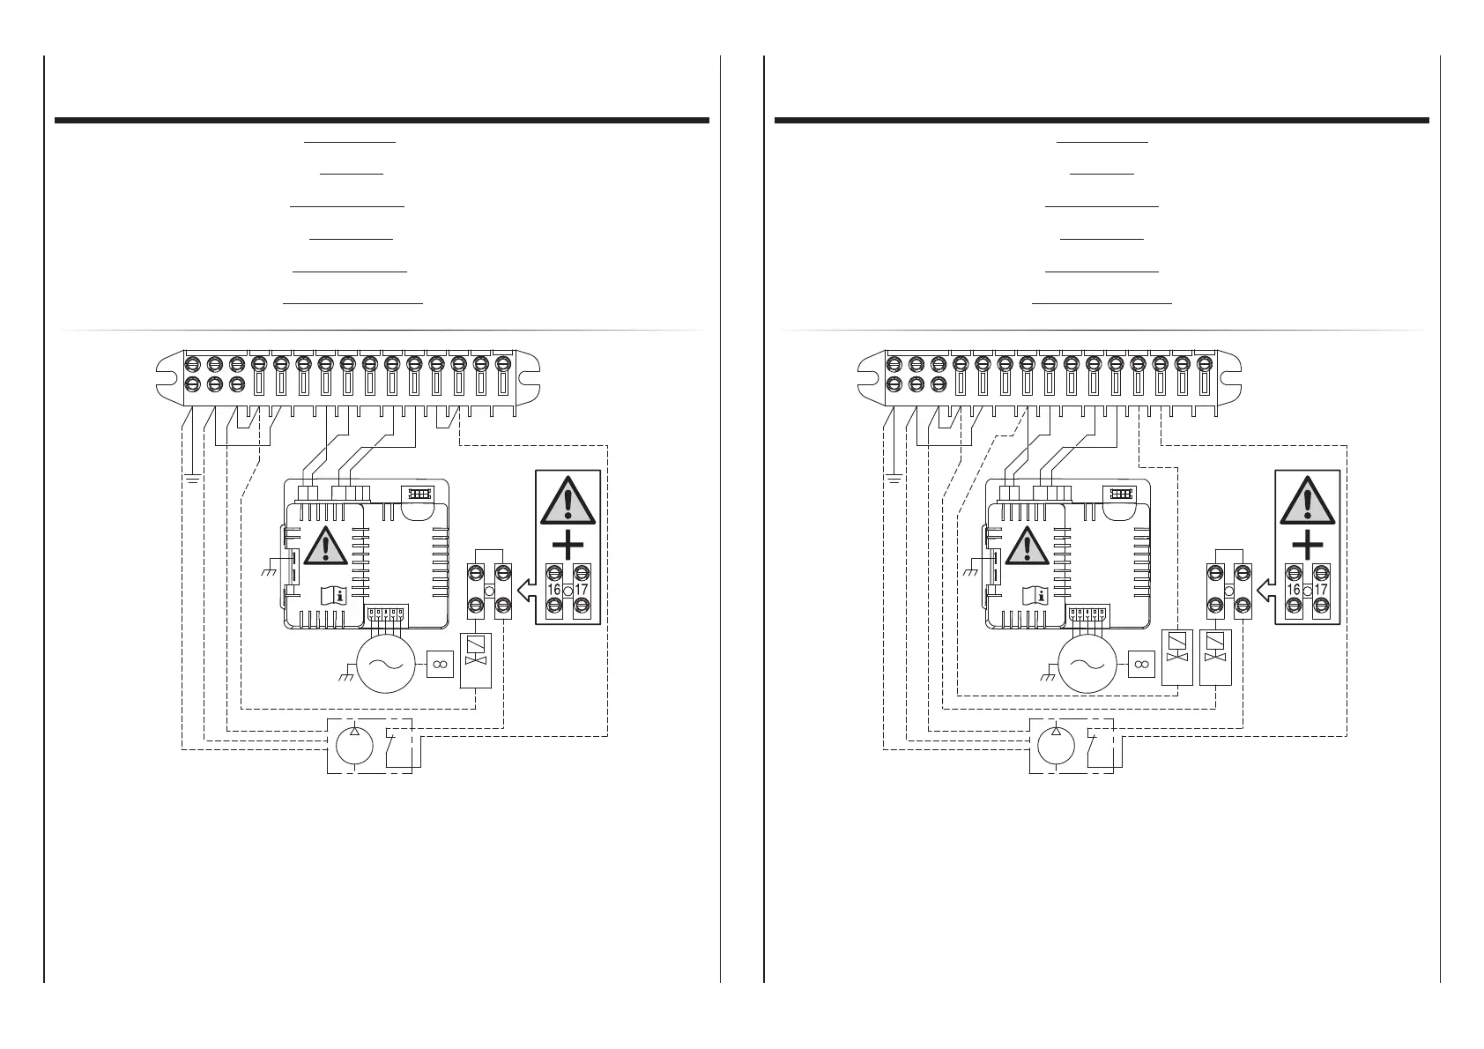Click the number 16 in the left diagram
pos(555,590)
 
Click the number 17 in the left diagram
pos(582,590)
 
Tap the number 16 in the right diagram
pos(1294,590)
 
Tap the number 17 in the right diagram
pos(1320,590)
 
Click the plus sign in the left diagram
pos(568,545)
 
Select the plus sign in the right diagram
pos(1307,545)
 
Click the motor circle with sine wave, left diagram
pos(385,666)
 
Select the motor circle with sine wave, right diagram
pos(1087,666)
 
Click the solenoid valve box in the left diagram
pos(476,658)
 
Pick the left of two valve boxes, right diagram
pos(1176,657)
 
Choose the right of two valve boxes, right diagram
pos(1215,657)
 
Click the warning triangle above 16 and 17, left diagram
pos(568,501)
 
